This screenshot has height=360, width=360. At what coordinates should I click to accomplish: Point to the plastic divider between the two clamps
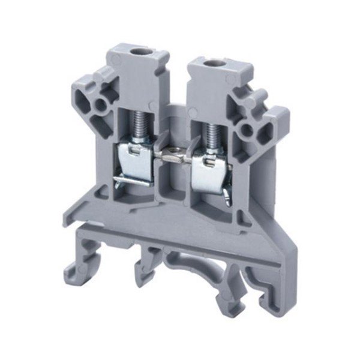175,180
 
